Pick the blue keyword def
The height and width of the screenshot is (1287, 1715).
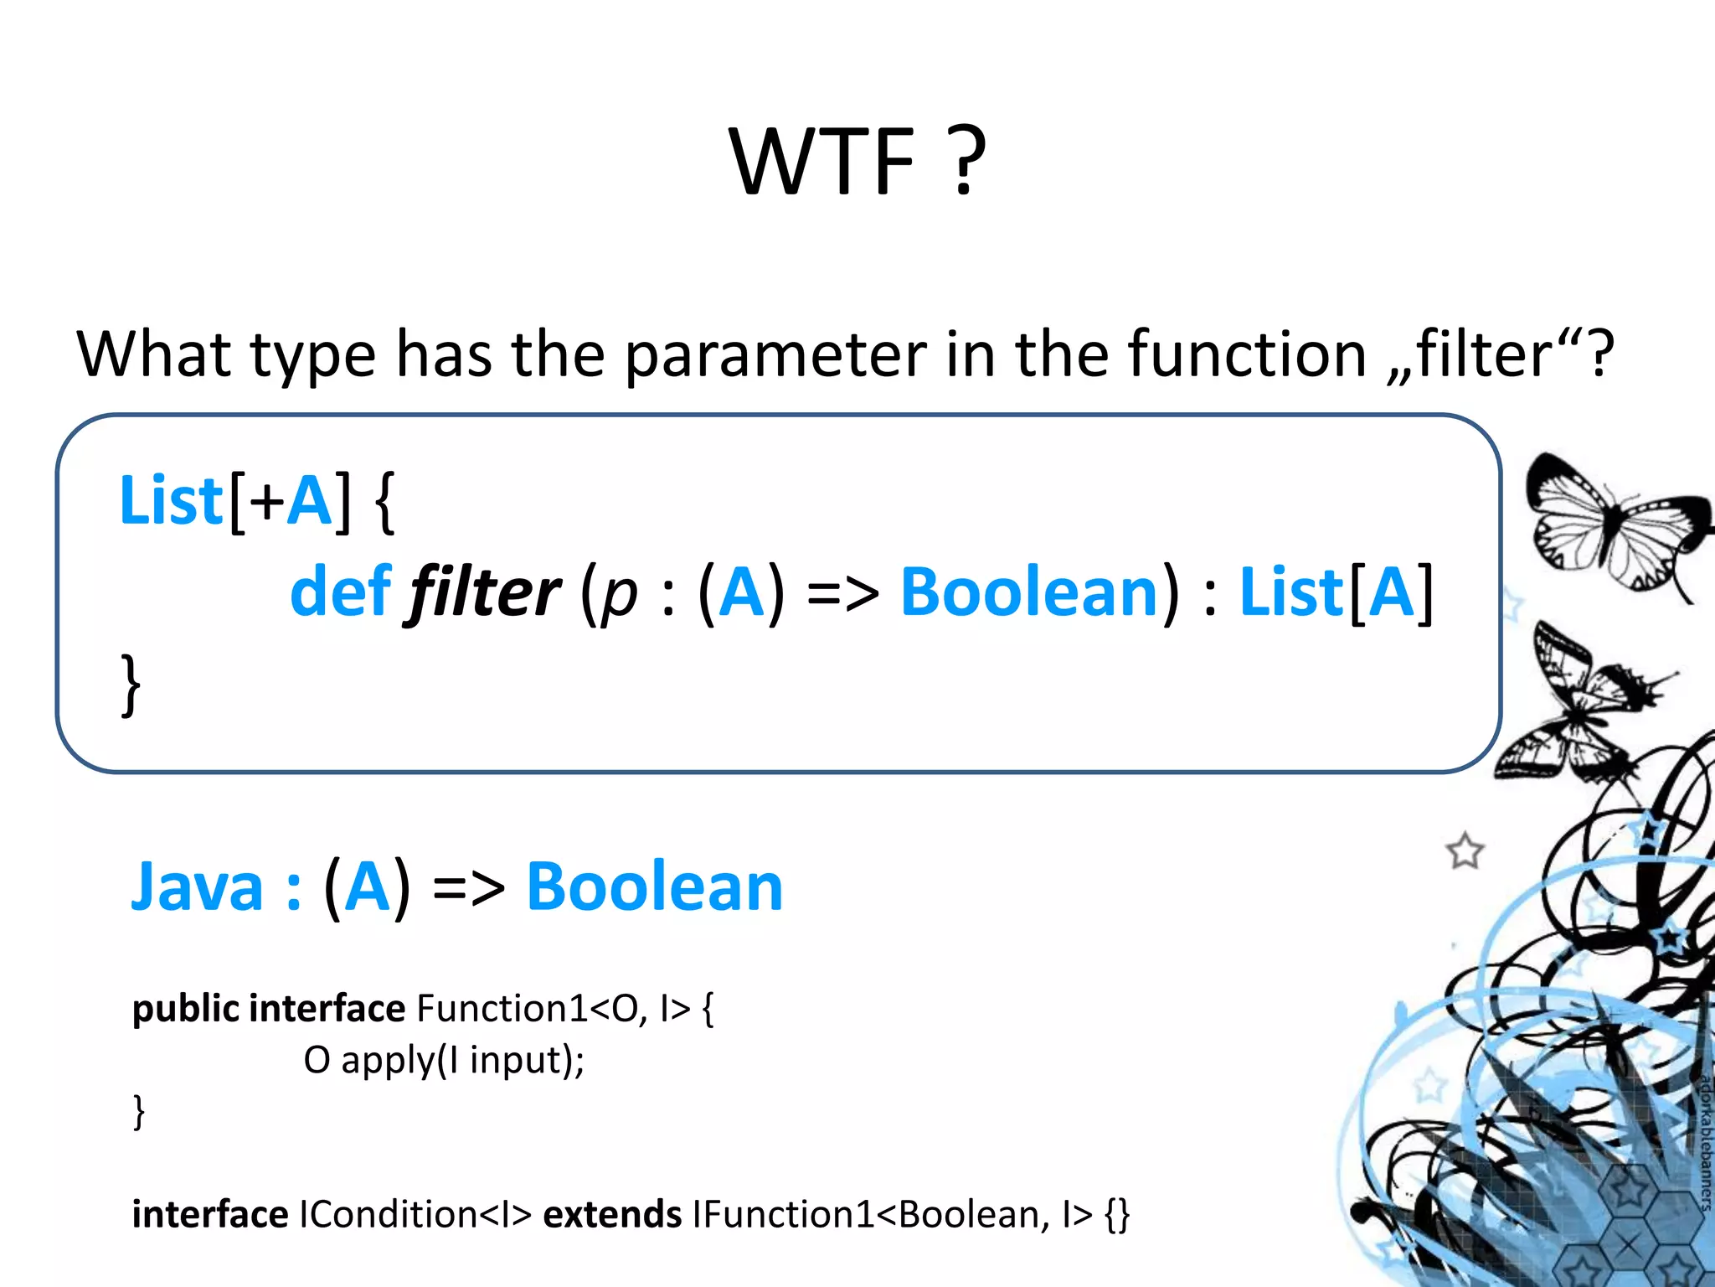tap(340, 592)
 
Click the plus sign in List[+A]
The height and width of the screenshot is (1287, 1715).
tap(267, 501)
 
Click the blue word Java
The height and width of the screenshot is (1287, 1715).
tap(197, 886)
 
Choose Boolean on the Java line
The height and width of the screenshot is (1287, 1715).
tap(654, 886)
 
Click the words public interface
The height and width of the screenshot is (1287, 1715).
tap(268, 1008)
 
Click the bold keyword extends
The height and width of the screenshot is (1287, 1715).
tap(612, 1214)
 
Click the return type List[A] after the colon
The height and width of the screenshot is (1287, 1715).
tap(1336, 592)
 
